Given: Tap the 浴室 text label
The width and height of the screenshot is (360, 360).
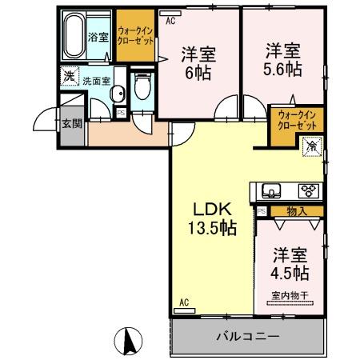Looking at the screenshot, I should (x=98, y=37).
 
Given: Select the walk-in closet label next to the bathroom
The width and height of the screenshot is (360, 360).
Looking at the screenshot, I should (x=135, y=33).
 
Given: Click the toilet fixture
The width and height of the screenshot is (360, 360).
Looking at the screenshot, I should (x=143, y=86).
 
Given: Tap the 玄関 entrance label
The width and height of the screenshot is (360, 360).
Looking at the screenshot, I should (x=71, y=123).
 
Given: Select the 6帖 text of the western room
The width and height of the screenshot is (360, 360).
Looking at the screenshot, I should (x=194, y=70).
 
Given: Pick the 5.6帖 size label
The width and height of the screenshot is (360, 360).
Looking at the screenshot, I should (x=284, y=66).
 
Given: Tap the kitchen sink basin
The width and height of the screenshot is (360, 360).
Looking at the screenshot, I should (x=270, y=191).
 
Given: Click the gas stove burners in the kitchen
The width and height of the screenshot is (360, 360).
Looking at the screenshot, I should (x=308, y=191).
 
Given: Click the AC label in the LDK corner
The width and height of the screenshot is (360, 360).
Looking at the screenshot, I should (x=182, y=302).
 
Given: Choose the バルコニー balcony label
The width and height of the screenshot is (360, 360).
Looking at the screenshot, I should (x=247, y=337).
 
